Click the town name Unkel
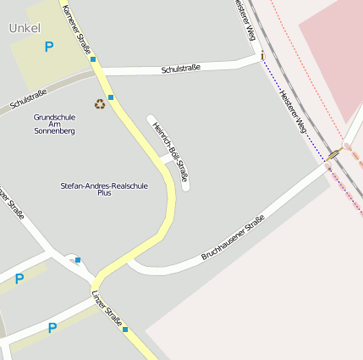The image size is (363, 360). click(25, 28)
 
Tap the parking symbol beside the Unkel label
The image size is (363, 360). click(48, 47)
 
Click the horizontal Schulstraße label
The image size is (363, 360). click(180, 68)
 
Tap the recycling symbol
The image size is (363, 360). click(100, 104)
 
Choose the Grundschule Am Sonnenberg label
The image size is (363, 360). click(55, 125)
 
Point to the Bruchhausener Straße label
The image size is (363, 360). click(233, 237)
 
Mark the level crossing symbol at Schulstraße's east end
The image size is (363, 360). click(262, 56)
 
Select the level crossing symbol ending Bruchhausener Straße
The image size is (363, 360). click(334, 155)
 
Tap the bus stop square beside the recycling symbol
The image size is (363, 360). click(111, 97)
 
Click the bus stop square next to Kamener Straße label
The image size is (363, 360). click(92, 60)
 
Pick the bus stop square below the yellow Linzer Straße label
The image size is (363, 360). click(125, 329)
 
